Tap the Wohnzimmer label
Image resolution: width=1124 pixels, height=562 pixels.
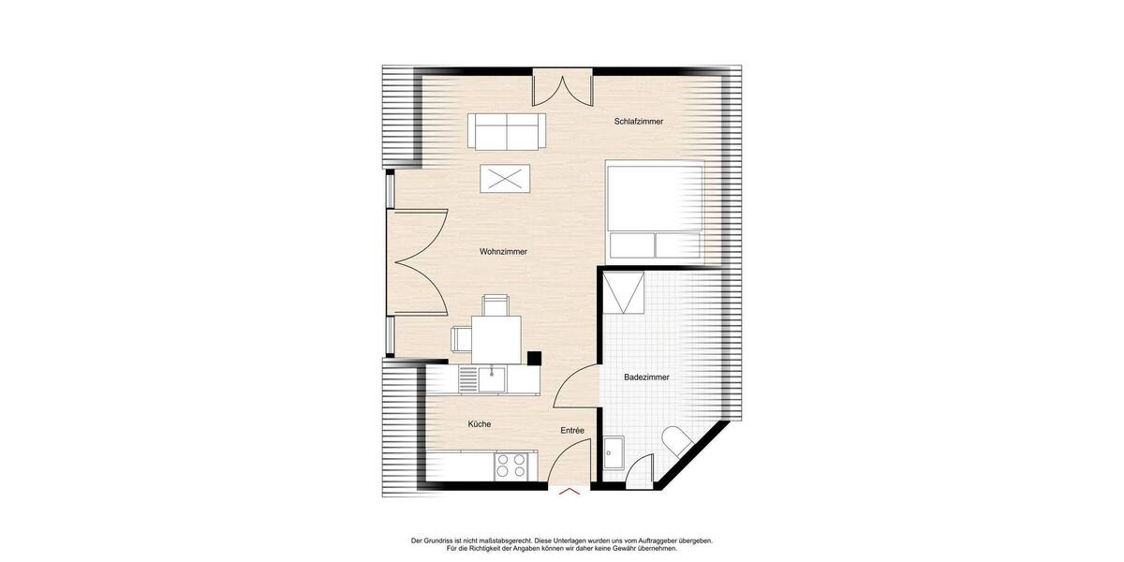(503, 252)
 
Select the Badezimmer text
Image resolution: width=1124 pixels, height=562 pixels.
(646, 377)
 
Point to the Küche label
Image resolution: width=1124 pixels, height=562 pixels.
(480, 424)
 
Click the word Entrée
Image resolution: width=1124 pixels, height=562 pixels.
(572, 430)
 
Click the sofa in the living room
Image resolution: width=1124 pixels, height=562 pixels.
(507, 131)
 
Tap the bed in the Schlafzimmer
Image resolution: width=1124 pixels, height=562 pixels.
(655, 210)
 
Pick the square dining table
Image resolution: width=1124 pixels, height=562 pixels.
(496, 338)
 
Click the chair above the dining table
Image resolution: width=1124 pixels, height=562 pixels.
(495, 304)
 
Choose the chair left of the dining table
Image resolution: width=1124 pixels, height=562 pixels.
(461, 338)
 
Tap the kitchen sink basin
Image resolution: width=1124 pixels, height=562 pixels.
(492, 378)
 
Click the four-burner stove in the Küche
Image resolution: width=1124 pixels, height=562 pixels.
(511, 466)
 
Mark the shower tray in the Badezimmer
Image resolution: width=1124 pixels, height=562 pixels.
(624, 291)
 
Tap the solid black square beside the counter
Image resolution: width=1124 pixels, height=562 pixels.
(534, 357)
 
